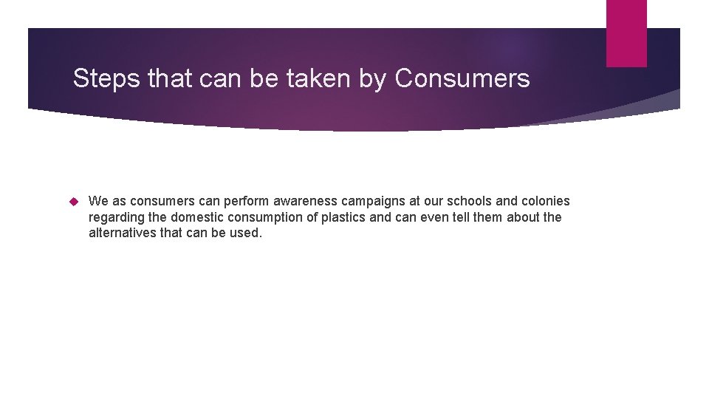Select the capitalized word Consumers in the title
coord(462,78)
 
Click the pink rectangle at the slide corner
coord(626,33)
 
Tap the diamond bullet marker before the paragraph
coord(73,201)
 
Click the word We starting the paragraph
coord(97,201)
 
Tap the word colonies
coord(547,201)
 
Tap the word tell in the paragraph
coord(447,217)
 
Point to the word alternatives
coord(121,233)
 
